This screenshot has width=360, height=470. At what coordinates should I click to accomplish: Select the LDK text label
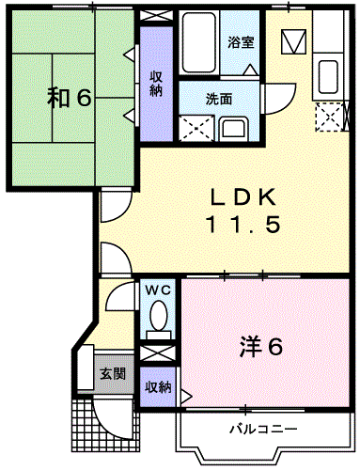(x=242, y=197)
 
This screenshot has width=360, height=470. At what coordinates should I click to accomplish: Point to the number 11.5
(x=242, y=226)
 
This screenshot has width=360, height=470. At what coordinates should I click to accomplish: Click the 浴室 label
(x=242, y=42)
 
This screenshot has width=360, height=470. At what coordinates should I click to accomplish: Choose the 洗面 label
(x=221, y=97)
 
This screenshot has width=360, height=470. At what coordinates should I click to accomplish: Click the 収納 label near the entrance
(x=158, y=386)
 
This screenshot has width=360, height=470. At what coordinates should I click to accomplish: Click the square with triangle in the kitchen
(x=294, y=41)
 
